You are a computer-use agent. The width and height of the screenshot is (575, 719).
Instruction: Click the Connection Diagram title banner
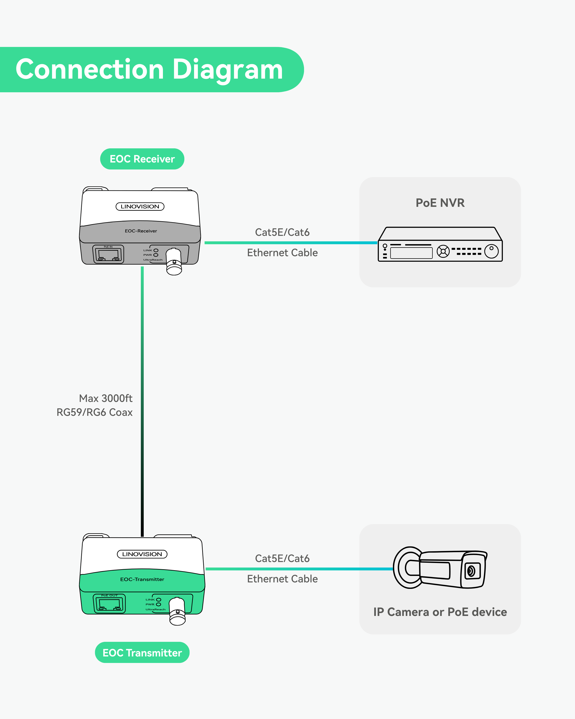point(149,69)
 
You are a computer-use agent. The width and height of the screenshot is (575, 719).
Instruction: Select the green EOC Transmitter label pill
point(142,653)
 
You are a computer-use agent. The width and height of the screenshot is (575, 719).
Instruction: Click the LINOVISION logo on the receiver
point(140,206)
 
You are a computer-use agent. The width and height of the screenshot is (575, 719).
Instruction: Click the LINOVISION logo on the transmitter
point(142,554)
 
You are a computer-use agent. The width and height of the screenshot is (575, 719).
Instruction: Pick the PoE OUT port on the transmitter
point(109,604)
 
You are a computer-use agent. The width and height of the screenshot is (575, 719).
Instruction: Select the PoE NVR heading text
point(440,203)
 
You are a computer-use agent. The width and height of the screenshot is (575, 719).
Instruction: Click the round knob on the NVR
point(491,251)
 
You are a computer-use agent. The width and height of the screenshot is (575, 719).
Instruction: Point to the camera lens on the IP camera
point(471,571)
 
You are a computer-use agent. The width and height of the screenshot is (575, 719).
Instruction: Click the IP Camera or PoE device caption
point(440,612)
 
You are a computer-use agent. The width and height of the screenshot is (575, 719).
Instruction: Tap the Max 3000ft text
point(106,398)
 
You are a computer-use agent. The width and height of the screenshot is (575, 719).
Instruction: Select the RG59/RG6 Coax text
point(95,412)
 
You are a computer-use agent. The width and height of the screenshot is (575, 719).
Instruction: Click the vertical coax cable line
point(142,400)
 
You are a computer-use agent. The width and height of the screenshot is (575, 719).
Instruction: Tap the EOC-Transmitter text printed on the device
point(142,579)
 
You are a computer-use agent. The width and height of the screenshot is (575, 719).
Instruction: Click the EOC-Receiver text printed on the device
point(141,231)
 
